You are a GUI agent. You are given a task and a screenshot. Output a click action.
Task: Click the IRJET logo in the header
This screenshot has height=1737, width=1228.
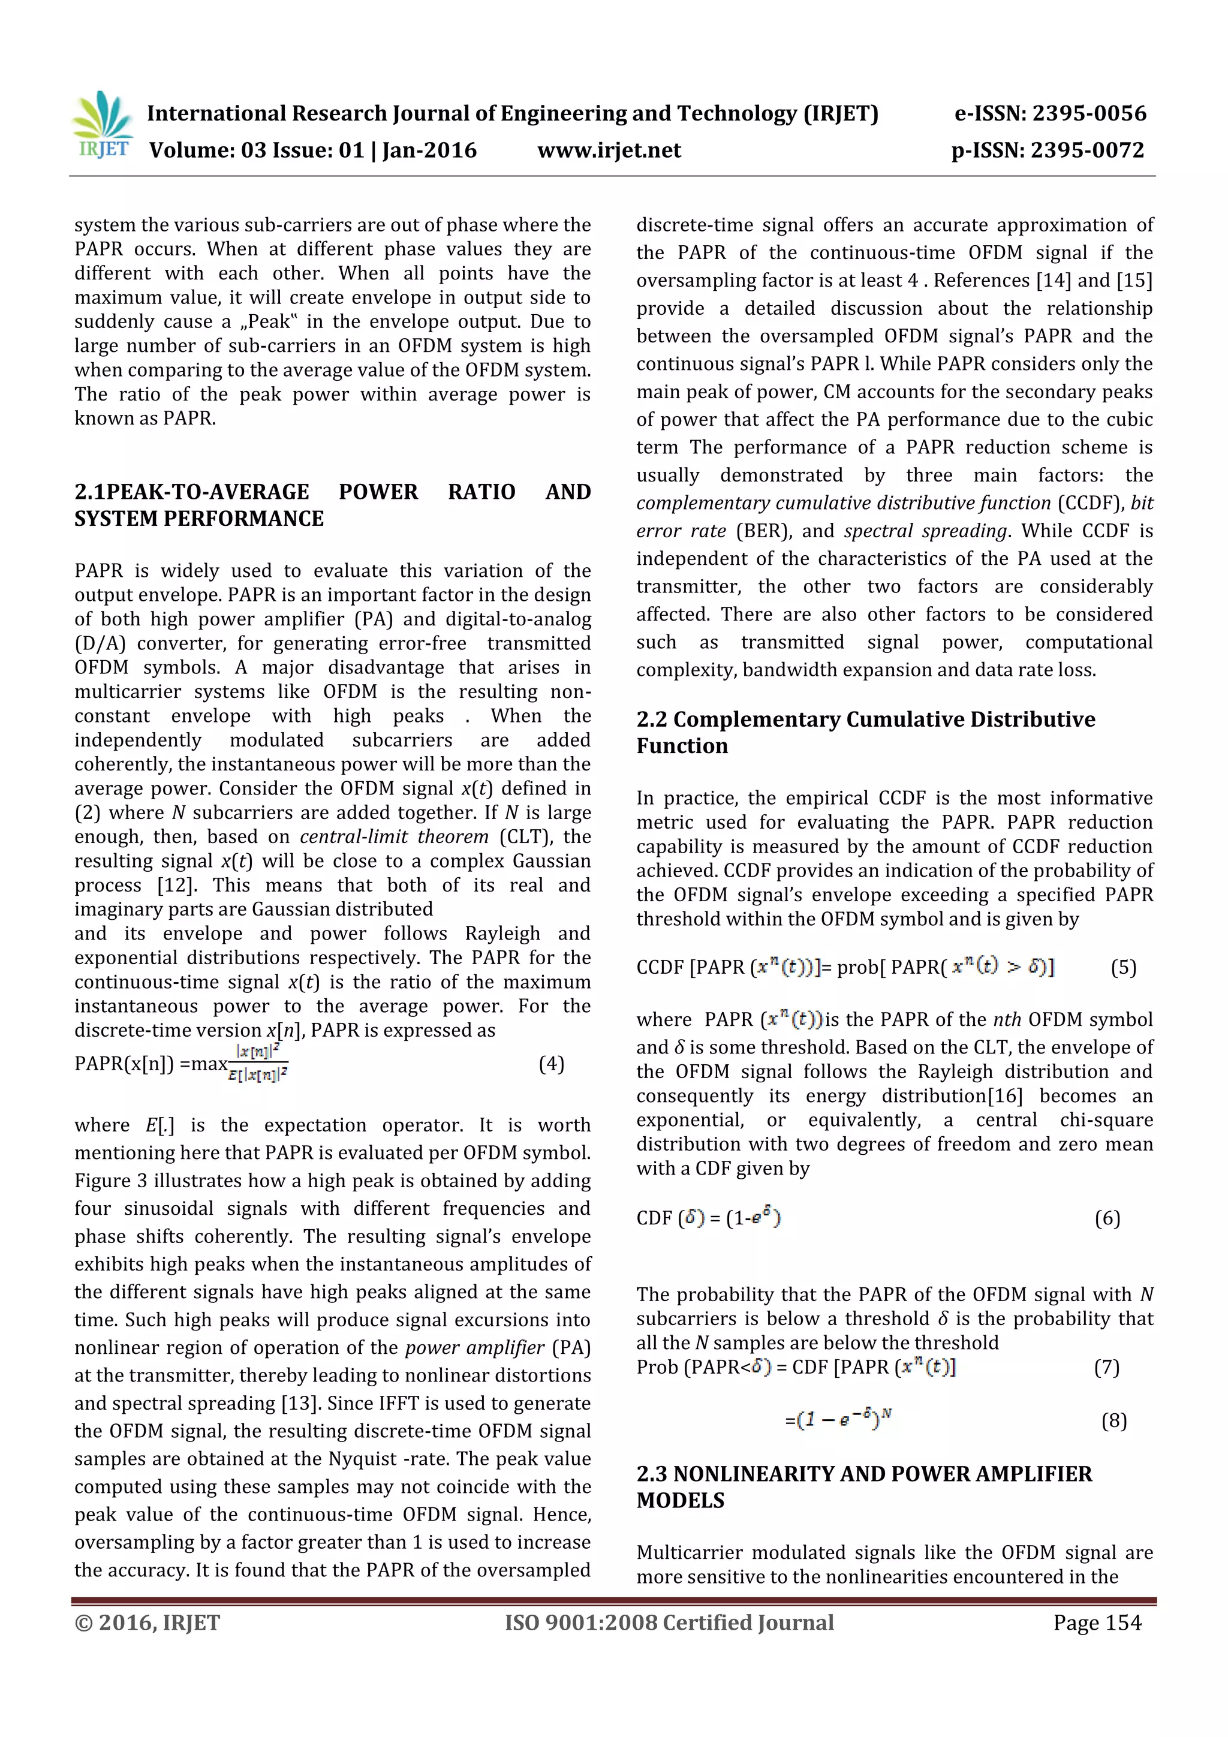point(102,125)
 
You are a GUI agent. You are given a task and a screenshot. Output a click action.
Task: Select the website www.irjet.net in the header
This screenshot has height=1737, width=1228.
point(609,150)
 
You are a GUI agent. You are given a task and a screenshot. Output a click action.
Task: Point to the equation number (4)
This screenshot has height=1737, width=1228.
point(552,1064)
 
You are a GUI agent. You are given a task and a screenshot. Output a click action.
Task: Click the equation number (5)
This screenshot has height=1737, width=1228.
point(1123,968)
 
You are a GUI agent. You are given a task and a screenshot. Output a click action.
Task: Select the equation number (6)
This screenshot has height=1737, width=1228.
point(1107,1218)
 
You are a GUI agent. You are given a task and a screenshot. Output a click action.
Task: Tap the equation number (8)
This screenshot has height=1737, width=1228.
point(1113,1421)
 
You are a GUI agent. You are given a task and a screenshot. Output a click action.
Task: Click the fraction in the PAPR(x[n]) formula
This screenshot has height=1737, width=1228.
point(258,1063)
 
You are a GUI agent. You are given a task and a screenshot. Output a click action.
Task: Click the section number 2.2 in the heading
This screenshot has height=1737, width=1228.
point(651,720)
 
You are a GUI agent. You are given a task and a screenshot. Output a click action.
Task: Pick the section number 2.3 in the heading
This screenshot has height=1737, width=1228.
point(651,1474)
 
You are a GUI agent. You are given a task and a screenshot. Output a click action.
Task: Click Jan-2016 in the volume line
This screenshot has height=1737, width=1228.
point(429,150)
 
